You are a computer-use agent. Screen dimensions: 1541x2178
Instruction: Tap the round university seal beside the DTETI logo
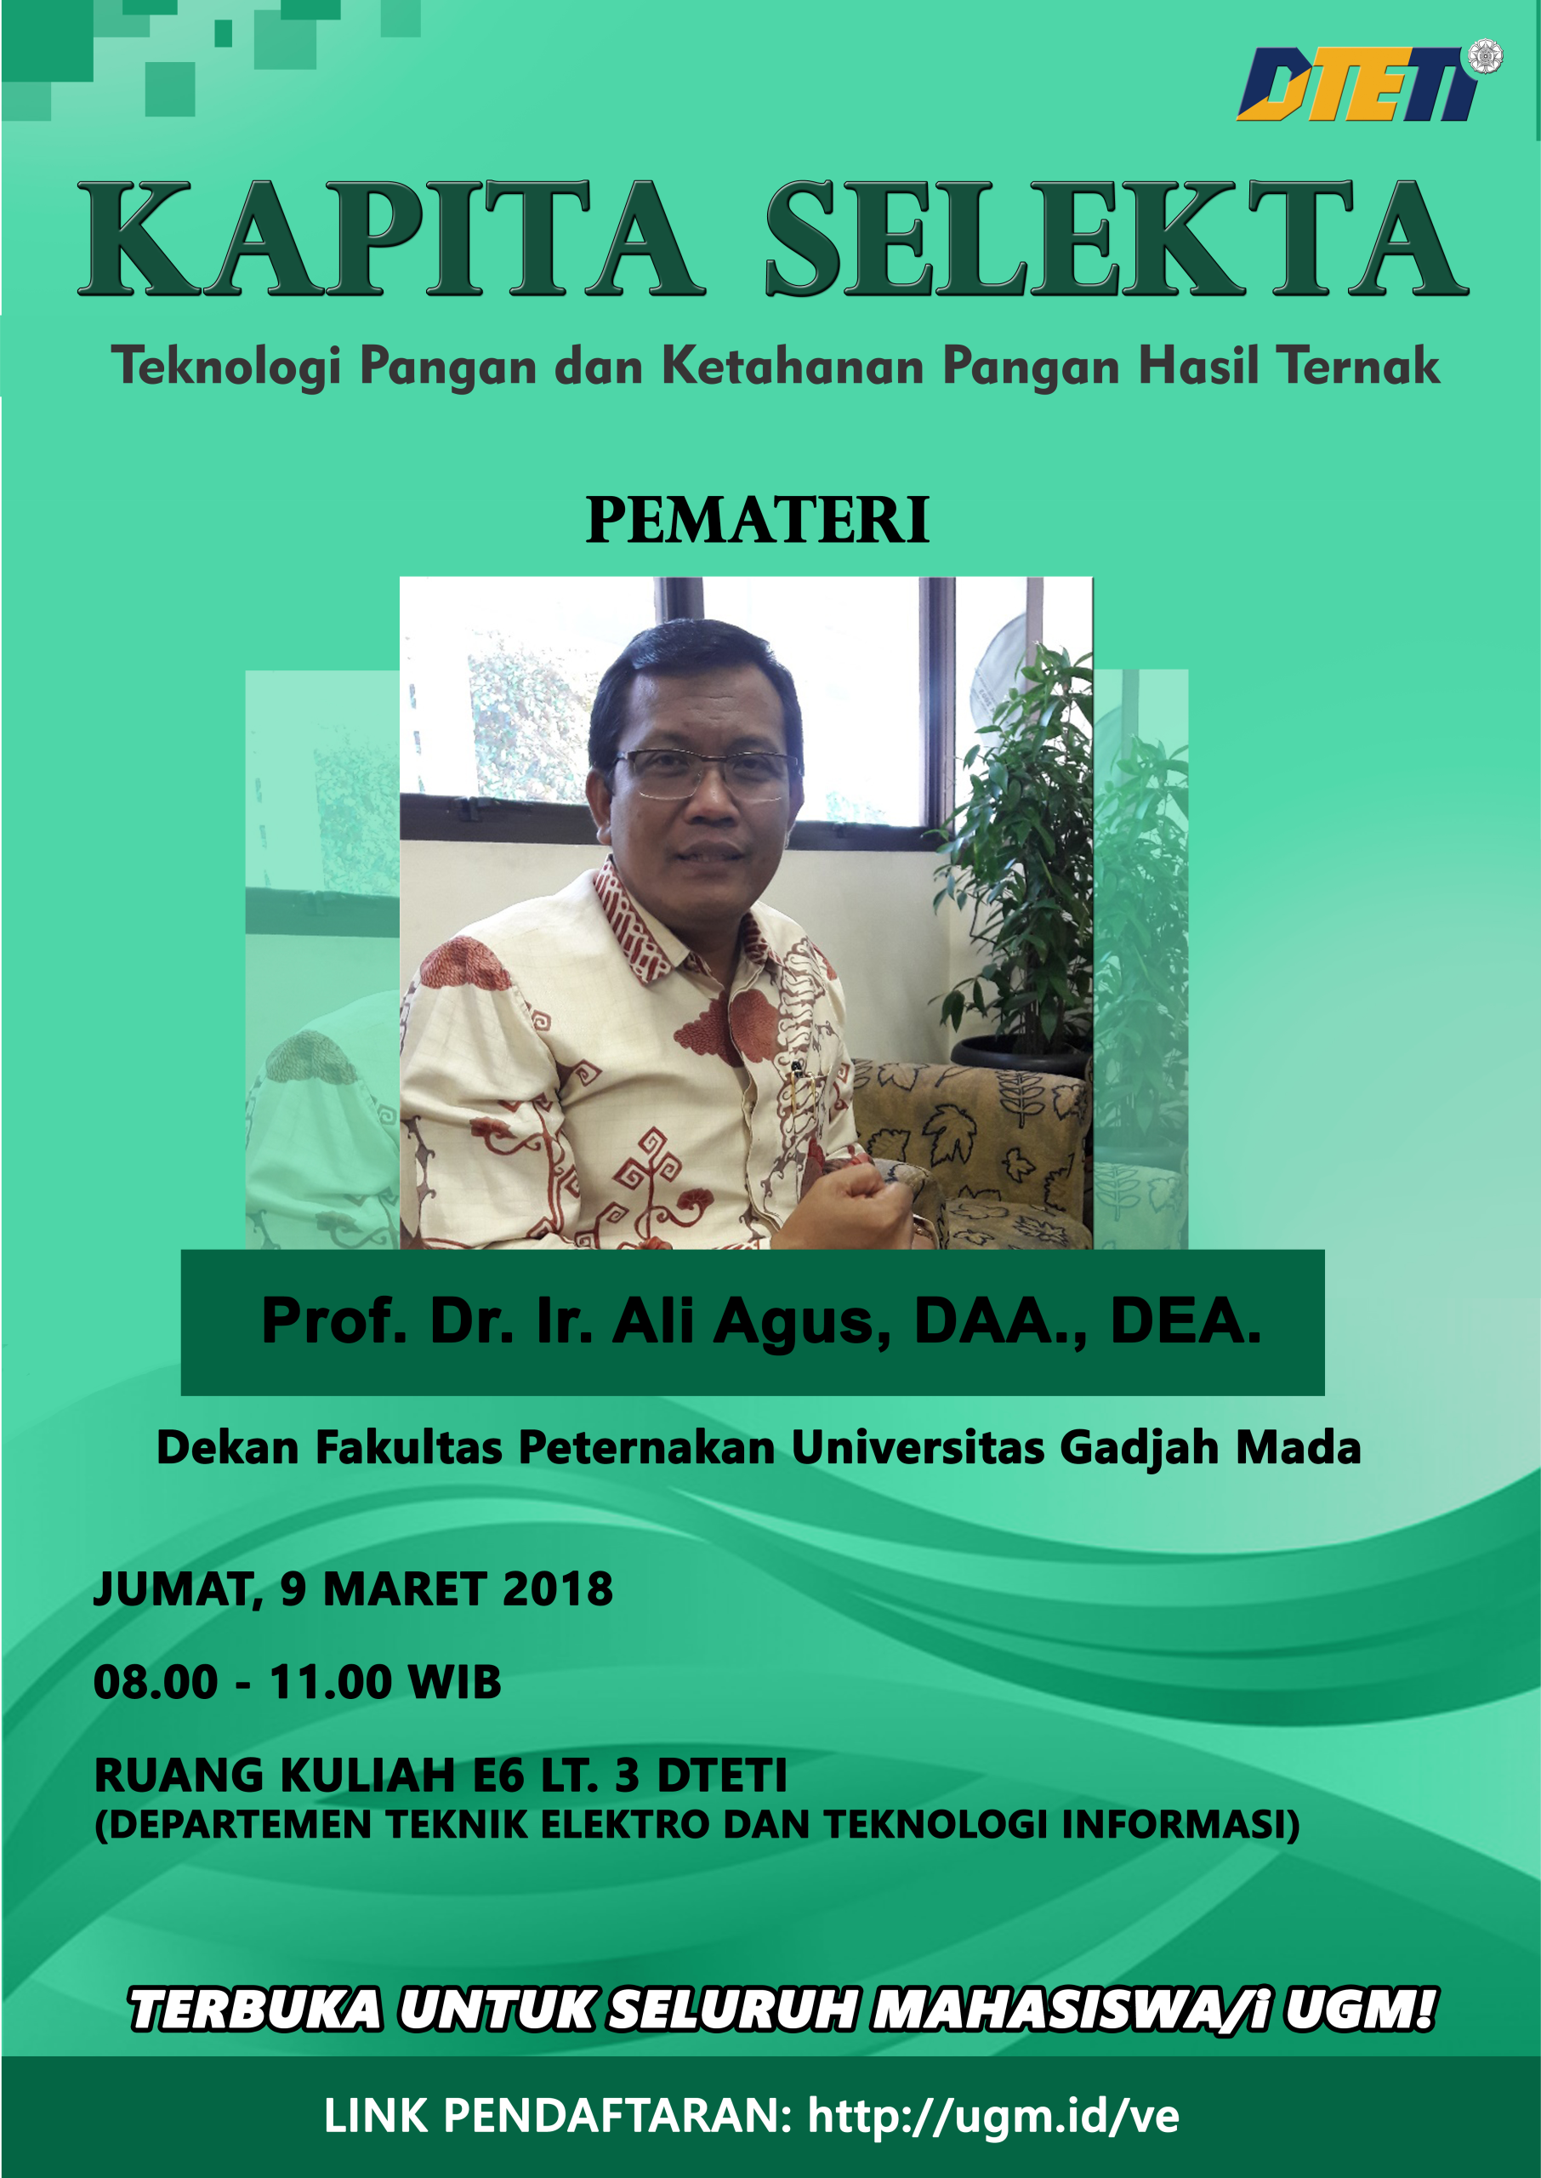(x=1485, y=56)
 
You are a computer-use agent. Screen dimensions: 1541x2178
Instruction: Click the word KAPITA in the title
(x=391, y=238)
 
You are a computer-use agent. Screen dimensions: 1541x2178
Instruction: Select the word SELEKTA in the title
(x=1116, y=238)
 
